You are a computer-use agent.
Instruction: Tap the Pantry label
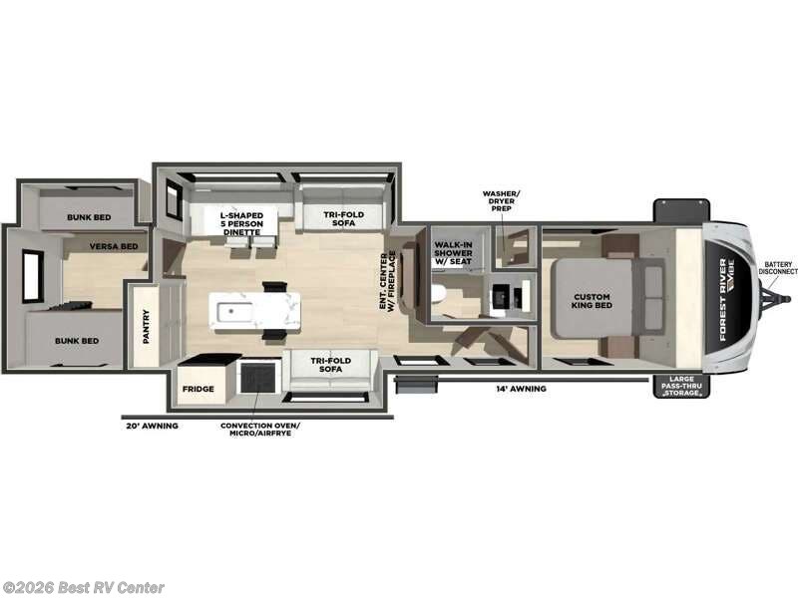pos(146,326)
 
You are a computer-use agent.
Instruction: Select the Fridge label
pos(197,390)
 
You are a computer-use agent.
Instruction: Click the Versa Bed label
pos(113,246)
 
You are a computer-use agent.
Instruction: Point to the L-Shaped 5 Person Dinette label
pos(240,223)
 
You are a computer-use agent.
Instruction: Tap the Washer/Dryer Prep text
pos(502,200)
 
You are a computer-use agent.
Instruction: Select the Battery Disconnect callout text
pos(778,269)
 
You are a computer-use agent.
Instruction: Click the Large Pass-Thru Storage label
pos(679,385)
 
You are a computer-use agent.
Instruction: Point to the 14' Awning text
pos(522,389)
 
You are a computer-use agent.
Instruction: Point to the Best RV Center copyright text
pos(85,588)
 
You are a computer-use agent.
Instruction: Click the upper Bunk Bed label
pos(89,217)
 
